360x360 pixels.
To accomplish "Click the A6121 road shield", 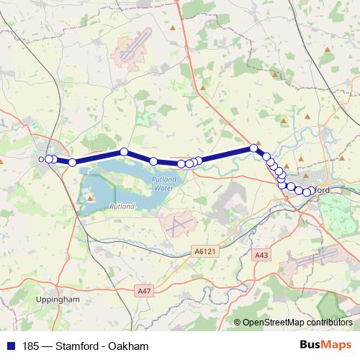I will tap(204, 251).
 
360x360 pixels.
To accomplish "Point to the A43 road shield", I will tap(261, 255).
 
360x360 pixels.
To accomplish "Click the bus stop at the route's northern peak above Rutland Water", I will tap(124, 152).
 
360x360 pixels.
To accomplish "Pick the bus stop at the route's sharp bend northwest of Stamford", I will tap(253, 148).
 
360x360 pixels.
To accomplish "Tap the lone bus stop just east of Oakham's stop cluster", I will tap(72, 162).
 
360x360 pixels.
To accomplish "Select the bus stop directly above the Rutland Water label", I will tap(153, 161).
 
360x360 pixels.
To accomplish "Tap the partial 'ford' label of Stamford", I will tap(321, 189).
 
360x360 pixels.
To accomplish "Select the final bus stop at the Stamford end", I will tap(307, 192).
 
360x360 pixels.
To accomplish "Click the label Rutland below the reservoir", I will tap(121, 207).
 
